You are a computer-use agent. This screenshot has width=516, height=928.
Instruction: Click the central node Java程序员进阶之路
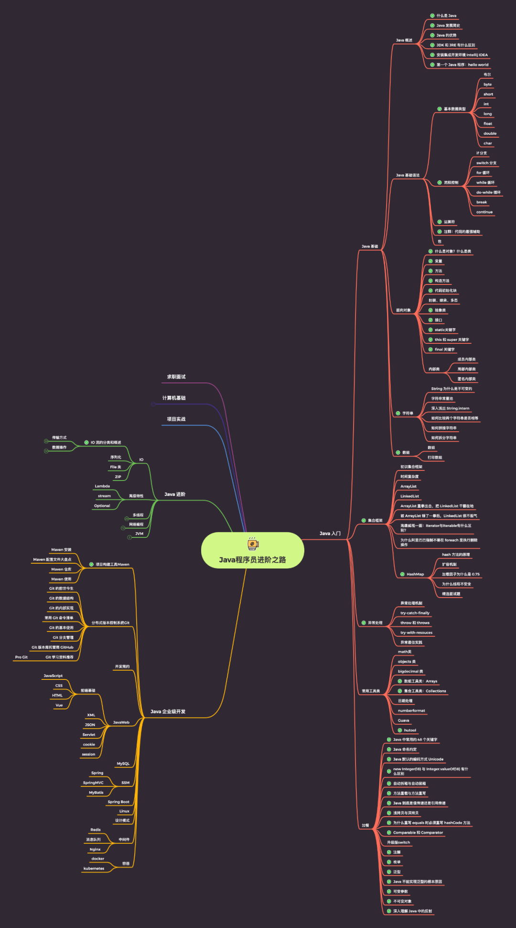pyautogui.click(x=252, y=559)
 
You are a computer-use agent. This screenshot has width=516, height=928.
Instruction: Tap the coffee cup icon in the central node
pyautogui.click(x=253, y=544)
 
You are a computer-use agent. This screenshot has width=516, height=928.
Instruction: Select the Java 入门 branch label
pyautogui.click(x=330, y=533)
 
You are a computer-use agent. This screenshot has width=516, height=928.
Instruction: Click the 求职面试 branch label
pyautogui.click(x=176, y=377)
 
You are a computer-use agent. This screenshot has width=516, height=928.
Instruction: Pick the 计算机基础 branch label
pyautogui.click(x=174, y=398)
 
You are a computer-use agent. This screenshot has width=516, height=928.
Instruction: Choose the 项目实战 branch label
pyautogui.click(x=176, y=419)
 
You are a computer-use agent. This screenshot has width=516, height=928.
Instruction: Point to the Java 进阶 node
pyautogui.click(x=175, y=494)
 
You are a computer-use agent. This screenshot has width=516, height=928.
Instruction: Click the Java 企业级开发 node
pyautogui.click(x=168, y=711)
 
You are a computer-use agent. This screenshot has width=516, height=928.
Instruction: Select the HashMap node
pyautogui.click(x=415, y=574)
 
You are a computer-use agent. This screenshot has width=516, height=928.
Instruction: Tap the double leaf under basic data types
pyautogui.click(x=490, y=133)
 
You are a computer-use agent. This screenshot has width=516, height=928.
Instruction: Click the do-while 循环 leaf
pyautogui.click(x=488, y=192)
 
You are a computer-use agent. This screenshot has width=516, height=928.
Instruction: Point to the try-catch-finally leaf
pyautogui.click(x=415, y=613)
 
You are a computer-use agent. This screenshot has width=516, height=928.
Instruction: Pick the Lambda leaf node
pyautogui.click(x=102, y=486)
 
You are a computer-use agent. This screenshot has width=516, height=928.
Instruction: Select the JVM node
pyautogui.click(x=139, y=534)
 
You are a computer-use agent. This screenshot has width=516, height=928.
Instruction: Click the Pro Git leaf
pyautogui.click(x=21, y=657)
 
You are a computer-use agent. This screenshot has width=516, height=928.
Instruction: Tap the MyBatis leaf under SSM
pyautogui.click(x=96, y=792)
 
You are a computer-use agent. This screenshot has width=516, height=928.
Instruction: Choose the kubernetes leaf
pyautogui.click(x=94, y=868)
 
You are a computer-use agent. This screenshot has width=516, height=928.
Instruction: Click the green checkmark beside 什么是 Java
pyautogui.click(x=432, y=16)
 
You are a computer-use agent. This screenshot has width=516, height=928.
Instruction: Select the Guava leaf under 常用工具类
pyautogui.click(x=403, y=721)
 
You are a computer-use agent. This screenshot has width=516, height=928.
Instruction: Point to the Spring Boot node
pyautogui.click(x=118, y=802)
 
